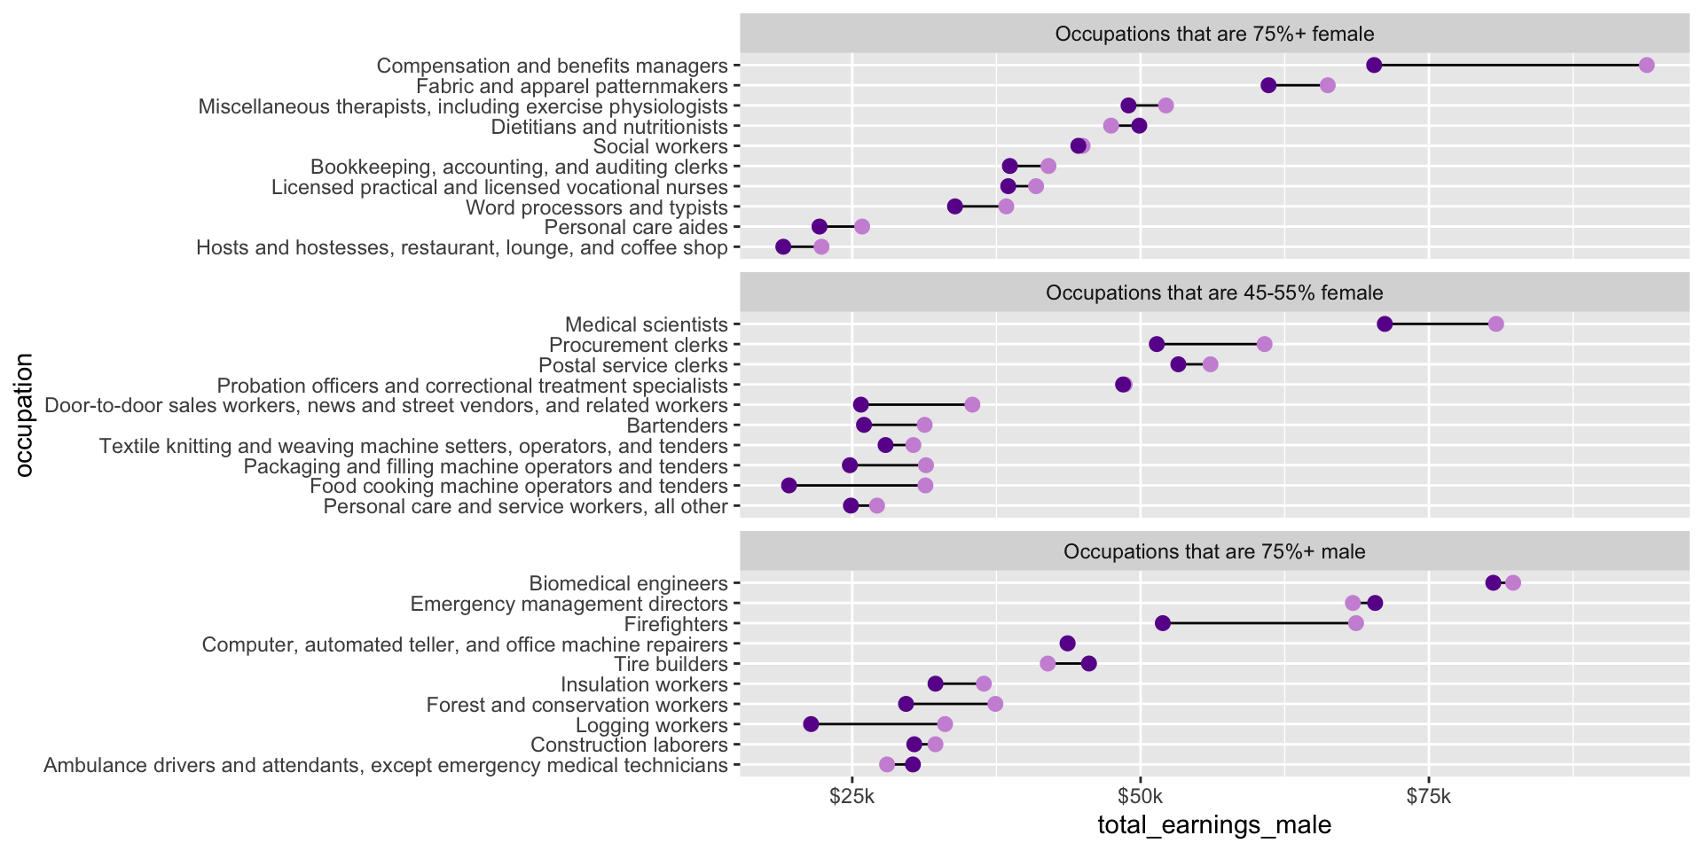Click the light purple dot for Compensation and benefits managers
(1646, 65)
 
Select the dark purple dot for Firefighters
(1163, 623)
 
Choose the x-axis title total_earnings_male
(1214, 825)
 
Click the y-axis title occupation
(24, 415)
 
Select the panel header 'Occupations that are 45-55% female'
(1214, 293)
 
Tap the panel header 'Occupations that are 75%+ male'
(1214, 551)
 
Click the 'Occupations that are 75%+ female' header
(1214, 34)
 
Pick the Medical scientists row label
(646, 324)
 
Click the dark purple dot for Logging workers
(811, 724)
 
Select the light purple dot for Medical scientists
(1495, 324)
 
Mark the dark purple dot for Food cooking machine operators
(789, 485)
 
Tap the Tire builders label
(671, 664)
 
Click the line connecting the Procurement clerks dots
(1211, 344)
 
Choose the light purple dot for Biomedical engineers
(1512, 582)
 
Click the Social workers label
(660, 146)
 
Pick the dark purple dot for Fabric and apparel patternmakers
(1268, 85)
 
